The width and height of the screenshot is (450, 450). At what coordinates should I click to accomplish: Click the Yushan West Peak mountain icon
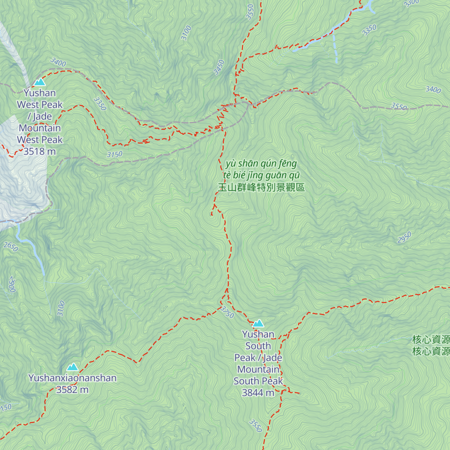tap(39, 82)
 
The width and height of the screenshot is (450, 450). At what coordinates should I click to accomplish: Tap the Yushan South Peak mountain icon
tap(258, 323)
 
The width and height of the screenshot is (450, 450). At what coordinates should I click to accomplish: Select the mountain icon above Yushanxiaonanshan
tap(72, 367)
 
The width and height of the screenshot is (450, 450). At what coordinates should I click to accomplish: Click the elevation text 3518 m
tap(39, 151)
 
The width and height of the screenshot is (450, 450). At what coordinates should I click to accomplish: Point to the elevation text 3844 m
tap(258, 393)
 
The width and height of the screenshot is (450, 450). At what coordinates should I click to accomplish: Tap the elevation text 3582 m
tap(72, 390)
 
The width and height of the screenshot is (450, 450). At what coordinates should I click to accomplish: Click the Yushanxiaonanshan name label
tap(72, 378)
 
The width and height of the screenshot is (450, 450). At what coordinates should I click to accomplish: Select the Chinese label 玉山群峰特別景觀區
tap(261, 187)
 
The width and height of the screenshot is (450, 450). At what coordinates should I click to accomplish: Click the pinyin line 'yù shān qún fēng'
tap(261, 163)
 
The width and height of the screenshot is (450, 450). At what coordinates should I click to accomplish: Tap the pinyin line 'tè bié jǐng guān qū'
tap(261, 175)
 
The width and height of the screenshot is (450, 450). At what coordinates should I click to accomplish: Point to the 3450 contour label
tap(219, 67)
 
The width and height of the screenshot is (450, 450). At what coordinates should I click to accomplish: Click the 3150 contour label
tap(115, 154)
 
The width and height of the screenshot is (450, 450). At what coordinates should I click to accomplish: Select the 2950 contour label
tap(404, 238)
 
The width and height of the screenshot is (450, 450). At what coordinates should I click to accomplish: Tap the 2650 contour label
tap(10, 247)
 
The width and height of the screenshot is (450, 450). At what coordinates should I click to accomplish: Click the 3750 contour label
tap(227, 312)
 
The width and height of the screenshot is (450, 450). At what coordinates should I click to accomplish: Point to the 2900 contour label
tap(12, 285)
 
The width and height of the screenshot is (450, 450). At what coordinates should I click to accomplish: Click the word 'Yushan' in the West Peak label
tap(39, 93)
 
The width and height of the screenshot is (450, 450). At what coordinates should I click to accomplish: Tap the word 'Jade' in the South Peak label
tap(272, 358)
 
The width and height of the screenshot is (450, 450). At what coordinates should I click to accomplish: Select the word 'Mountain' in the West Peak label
tap(39, 128)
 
